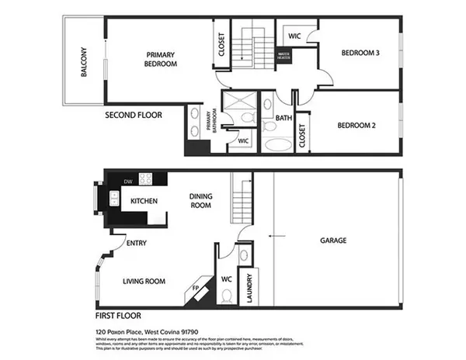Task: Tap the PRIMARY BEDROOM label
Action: [162, 59]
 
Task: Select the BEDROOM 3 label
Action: [360, 53]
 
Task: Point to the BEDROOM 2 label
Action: [357, 125]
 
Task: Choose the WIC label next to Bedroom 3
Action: [294, 36]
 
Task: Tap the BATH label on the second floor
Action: [283, 119]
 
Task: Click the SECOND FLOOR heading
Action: [134, 115]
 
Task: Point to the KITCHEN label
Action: [144, 201]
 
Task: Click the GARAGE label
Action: [333, 241]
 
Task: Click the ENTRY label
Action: [136, 243]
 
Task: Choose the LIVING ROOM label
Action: [144, 282]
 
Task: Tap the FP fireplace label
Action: [195, 289]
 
